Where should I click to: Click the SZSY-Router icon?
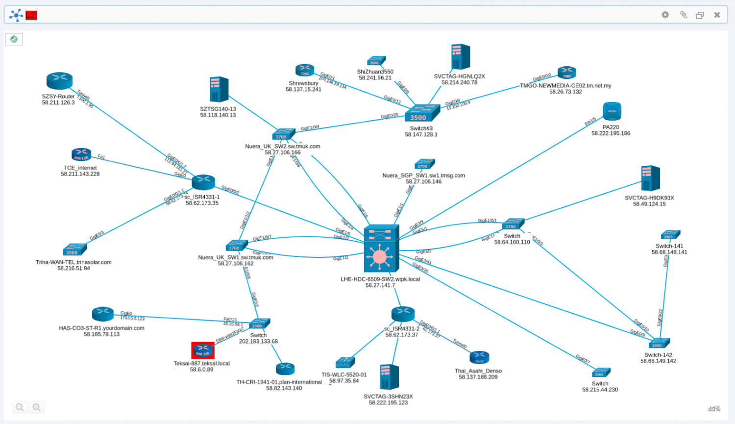[x=59, y=81]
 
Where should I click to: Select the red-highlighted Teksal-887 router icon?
[x=202, y=350]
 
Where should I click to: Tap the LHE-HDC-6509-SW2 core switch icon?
[x=381, y=249]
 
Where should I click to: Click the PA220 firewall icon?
[x=612, y=111]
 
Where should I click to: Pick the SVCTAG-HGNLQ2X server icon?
[x=460, y=57]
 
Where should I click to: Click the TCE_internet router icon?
[x=81, y=154]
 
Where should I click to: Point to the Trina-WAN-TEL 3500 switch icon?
[x=74, y=249]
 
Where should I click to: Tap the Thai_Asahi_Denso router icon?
[x=479, y=358]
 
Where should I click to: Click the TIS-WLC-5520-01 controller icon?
[x=345, y=363]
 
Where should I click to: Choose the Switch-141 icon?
[x=670, y=235]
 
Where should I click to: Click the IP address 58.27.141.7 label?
[x=380, y=285]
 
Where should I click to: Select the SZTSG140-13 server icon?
[x=219, y=90]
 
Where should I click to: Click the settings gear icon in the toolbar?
[x=665, y=15]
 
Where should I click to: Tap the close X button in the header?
[x=717, y=15]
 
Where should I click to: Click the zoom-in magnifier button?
[x=37, y=407]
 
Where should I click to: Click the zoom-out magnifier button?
[x=20, y=407]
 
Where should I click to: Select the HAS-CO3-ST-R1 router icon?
[x=103, y=314]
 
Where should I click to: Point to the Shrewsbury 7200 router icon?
[x=304, y=70]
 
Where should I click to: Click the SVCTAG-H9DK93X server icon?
[x=650, y=178]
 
